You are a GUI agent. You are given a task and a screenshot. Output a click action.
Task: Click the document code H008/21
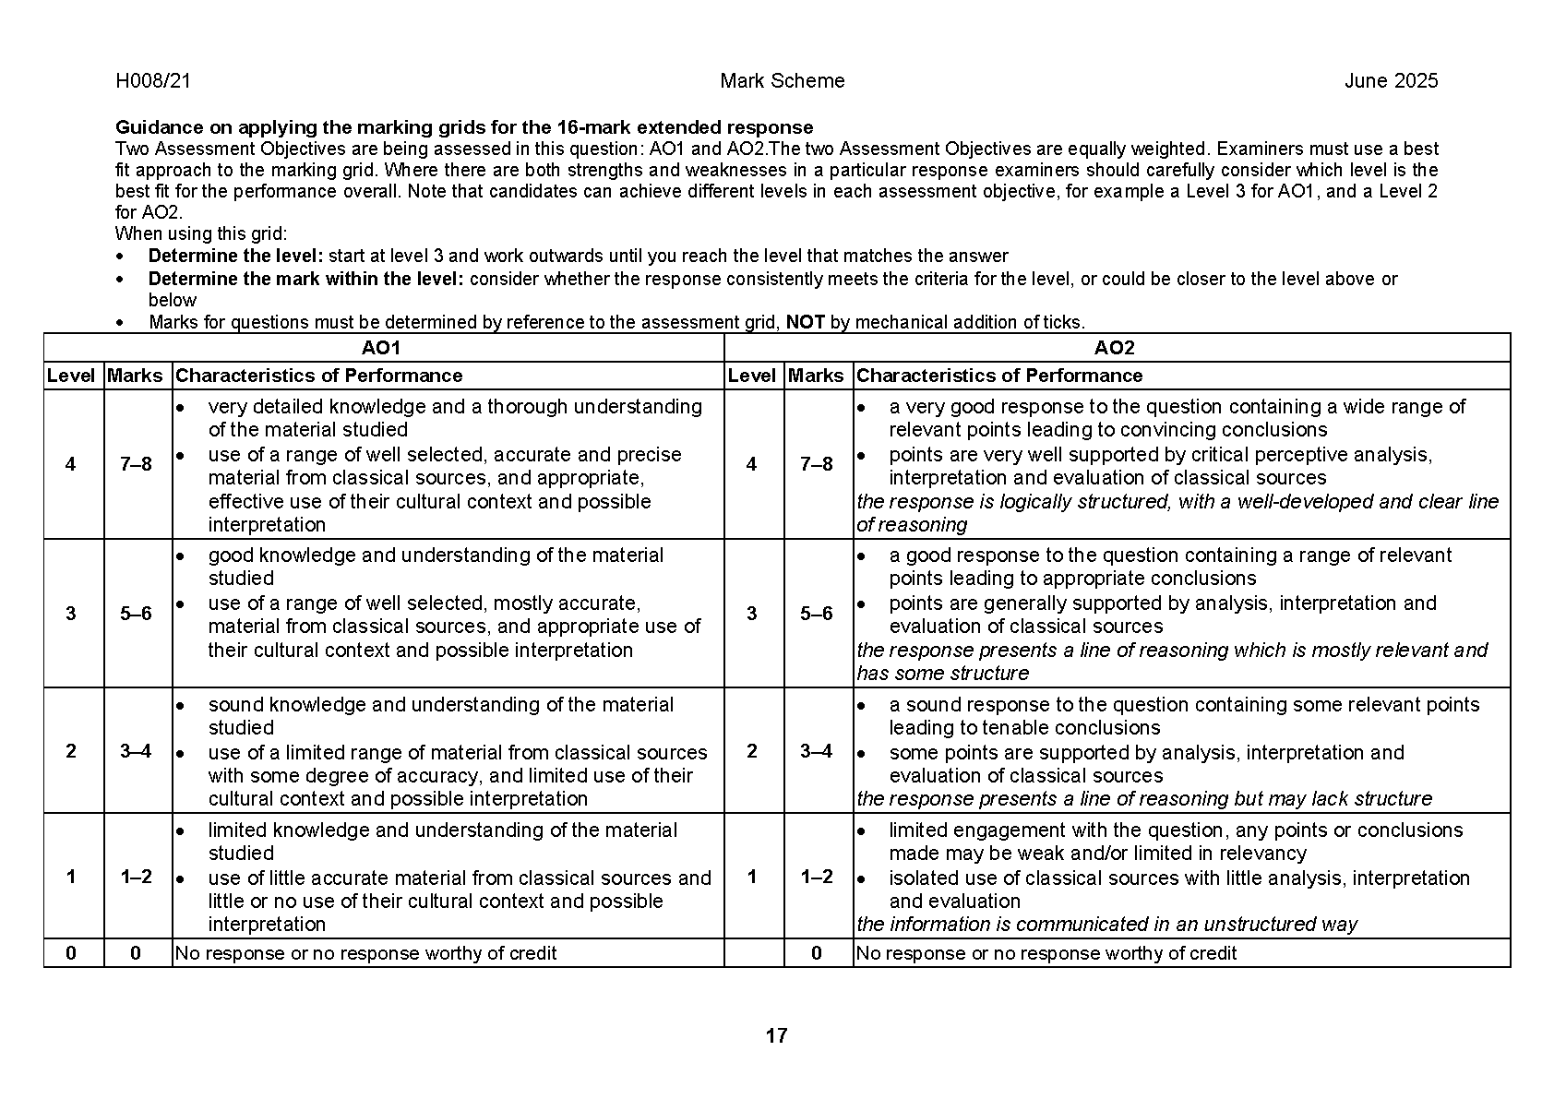[153, 81]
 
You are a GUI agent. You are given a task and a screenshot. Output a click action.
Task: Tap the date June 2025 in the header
[1391, 81]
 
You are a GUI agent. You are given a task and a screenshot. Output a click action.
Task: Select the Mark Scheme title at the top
[782, 81]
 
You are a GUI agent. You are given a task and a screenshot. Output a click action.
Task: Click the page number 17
[776, 1036]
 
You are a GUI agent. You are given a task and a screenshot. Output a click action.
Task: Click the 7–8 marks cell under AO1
[136, 464]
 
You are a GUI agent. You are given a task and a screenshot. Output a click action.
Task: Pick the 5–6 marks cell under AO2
[817, 614]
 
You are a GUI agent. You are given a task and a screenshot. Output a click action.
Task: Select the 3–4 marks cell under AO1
[136, 751]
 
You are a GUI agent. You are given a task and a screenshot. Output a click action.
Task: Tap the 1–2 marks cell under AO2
[817, 877]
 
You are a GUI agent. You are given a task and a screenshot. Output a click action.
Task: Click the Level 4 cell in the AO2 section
[751, 464]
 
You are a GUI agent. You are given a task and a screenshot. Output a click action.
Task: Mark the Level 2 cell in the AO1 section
[71, 751]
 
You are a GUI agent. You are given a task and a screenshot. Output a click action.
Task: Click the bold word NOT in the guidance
[806, 322]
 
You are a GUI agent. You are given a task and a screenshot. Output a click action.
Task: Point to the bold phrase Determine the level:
[236, 257]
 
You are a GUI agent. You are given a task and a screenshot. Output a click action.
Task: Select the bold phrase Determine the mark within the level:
[306, 279]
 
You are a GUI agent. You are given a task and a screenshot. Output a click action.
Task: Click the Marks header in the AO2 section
[816, 376]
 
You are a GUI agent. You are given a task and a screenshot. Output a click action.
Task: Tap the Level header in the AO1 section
[71, 376]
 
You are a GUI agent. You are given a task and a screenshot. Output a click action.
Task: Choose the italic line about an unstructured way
[1106, 925]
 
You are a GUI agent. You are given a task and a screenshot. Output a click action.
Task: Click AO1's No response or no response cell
[365, 953]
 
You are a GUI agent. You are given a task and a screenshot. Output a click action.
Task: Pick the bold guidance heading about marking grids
[464, 127]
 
